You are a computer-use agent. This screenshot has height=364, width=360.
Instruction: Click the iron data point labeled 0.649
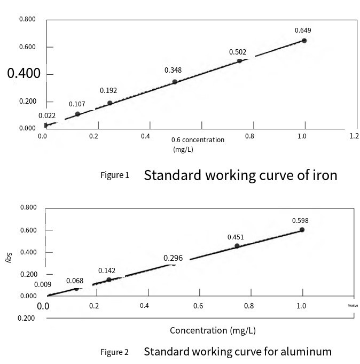pos(304,41)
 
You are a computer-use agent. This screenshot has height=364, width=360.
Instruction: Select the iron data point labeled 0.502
pos(239,61)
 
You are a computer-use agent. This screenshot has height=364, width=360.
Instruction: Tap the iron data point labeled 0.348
pos(175,82)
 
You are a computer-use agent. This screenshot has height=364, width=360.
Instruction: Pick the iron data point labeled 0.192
pos(110,103)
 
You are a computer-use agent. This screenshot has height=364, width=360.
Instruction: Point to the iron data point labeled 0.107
pos(77,114)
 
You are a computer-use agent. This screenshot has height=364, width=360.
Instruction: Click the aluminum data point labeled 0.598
pos(302,230)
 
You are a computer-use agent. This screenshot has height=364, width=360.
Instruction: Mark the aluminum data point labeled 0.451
pos(237,246)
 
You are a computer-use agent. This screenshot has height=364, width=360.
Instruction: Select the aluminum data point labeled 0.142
pos(109,280)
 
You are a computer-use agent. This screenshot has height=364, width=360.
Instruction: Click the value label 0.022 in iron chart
pos(47,115)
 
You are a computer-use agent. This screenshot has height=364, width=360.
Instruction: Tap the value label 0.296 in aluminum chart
pos(173,258)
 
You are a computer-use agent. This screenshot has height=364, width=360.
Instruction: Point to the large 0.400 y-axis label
pos(24,73)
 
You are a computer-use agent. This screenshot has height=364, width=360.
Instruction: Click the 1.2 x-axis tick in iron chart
pos(354,136)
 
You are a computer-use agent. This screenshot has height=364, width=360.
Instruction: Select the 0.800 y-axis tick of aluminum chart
pos(28,208)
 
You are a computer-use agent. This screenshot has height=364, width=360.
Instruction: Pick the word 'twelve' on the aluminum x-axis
pos(352,306)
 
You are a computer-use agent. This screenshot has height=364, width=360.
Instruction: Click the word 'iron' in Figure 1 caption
pos(325,175)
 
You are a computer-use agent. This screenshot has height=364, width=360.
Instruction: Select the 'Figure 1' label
pos(115,175)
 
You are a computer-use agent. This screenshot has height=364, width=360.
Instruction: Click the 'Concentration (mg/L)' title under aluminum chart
pos(213,330)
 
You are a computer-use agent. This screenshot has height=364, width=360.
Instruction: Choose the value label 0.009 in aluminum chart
pos(42,284)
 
